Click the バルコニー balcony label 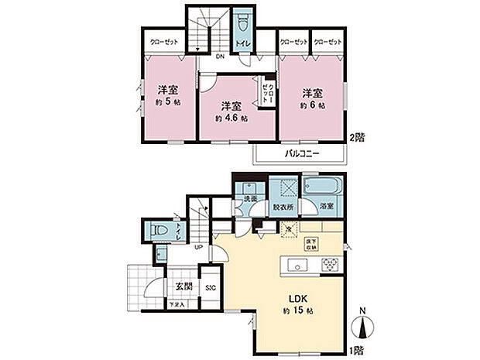tap(298, 153)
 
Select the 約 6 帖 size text tap(312, 104)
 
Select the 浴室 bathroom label tap(325, 207)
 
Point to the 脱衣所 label tap(282, 207)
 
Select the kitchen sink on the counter tap(297, 266)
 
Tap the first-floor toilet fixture tap(159, 230)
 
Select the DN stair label tap(220, 57)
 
